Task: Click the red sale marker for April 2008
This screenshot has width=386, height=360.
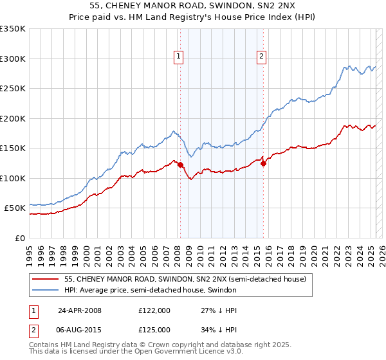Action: (180, 165)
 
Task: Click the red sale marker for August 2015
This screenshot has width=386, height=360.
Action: (263, 163)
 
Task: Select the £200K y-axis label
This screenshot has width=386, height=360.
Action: (13, 118)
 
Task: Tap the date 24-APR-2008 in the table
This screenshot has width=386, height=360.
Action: (80, 310)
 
